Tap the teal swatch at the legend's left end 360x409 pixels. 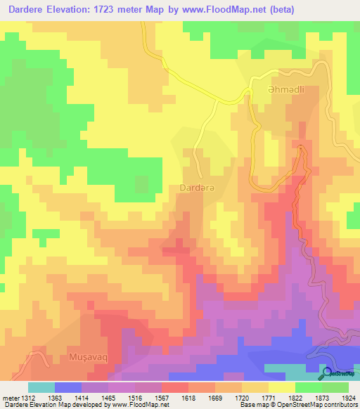click(x=41, y=387)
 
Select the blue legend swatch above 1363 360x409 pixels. click(x=68, y=387)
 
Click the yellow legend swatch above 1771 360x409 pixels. click(x=281, y=387)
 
